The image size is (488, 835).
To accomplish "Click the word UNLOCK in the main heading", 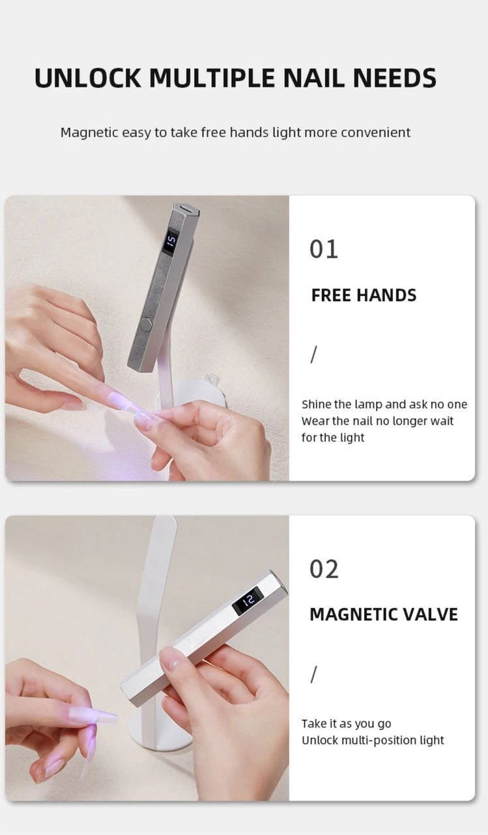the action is coord(87,78).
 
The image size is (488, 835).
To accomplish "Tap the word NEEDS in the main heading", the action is coord(395,78).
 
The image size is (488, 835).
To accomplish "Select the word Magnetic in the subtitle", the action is coord(89,132).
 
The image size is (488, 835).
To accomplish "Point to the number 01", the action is coord(324,249).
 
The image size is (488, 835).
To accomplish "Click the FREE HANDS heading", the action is coord(364,296).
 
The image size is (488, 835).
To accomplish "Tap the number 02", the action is coord(324,569).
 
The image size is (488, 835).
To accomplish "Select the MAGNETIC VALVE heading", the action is coord(384,615).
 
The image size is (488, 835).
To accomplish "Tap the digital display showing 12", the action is coord(248,601).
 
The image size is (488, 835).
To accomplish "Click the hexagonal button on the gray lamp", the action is coord(145,322).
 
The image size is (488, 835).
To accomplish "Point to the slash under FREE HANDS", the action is coord(314,354).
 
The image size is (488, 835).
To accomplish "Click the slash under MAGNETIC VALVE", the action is coord(314,675).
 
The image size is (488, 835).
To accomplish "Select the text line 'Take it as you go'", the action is coord(346,724).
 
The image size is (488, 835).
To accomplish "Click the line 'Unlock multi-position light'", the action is coord(373,740).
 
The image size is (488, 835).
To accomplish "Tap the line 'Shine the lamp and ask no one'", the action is coord(384,404).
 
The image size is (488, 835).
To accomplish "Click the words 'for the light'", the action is coord(333,438).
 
